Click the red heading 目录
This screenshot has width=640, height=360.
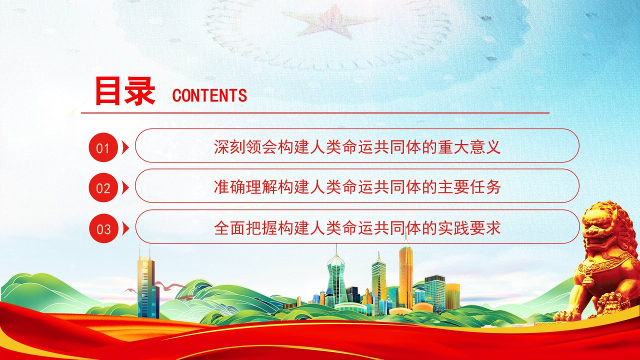tap(125, 91)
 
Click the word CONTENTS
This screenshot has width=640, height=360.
tap(209, 95)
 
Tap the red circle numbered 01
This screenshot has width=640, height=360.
tap(103, 147)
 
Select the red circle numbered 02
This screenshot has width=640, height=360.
tap(103, 187)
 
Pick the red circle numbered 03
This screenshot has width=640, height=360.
tap(103, 228)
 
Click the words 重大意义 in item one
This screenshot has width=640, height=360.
tap(469, 147)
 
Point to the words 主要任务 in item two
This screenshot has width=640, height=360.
tap(469, 187)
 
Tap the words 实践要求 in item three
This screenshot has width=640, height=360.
tap(469, 228)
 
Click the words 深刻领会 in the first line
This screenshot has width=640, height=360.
tap(245, 147)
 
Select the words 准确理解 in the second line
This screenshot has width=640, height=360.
tap(245, 187)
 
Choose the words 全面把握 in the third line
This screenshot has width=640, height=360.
tap(245, 228)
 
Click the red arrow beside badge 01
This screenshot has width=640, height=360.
tap(125, 147)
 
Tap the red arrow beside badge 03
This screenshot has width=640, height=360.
tap(125, 229)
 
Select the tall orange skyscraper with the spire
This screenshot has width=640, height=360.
tap(405, 274)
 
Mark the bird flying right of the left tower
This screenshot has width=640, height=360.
tap(169, 285)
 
